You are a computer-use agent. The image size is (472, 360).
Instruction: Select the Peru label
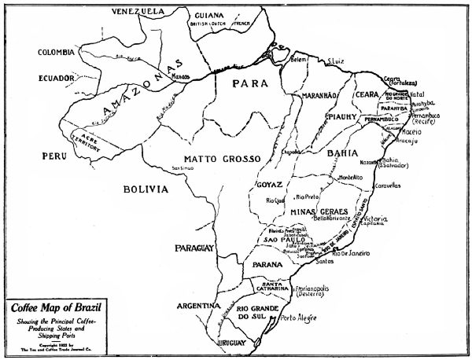[x=53, y=157]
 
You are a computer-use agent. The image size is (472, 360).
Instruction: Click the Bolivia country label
[x=146, y=189]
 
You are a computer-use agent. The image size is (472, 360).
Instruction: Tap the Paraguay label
[x=196, y=248]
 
